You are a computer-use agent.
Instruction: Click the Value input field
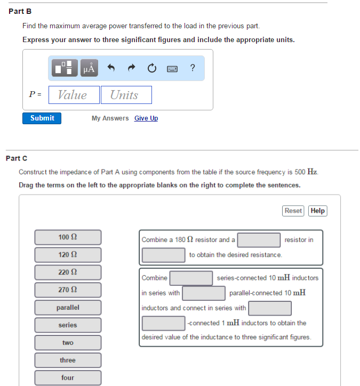74,95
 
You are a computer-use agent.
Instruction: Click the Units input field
126,95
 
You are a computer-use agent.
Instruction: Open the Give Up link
146,118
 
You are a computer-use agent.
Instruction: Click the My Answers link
110,118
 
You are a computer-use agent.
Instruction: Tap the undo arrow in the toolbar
111,68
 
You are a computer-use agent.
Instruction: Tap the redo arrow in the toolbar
132,68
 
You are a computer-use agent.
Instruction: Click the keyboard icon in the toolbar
172,69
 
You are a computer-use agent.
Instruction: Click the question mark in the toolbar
192,68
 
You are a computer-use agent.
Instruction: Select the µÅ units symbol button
89,68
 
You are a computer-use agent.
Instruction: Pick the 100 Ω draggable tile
68,237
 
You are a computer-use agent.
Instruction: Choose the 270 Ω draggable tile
68,290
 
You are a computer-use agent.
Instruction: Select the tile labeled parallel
68,308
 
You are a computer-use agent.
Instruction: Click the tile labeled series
68,325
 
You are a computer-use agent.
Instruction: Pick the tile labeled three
68,360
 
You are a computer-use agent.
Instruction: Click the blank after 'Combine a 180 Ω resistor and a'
259,240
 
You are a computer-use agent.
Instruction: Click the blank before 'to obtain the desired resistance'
163,255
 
